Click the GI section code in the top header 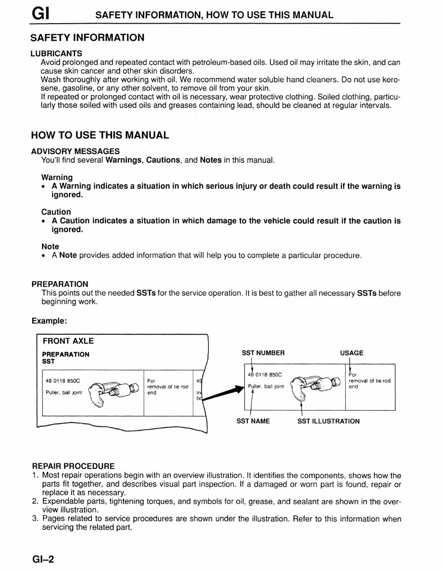[41, 14]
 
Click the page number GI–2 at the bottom [43, 559]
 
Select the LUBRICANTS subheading [56, 53]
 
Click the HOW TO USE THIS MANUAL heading [100, 135]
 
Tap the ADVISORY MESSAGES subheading [75, 151]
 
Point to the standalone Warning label [57, 177]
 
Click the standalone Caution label [56, 212]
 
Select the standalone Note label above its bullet [50, 246]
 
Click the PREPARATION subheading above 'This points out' [60, 284]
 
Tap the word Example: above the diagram [49, 321]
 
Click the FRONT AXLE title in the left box [68, 341]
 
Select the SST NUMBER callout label [263, 353]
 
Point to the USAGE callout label [351, 353]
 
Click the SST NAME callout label [253, 421]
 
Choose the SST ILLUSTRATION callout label [328, 421]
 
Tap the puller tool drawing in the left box [113, 390]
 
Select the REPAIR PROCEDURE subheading [73, 466]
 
